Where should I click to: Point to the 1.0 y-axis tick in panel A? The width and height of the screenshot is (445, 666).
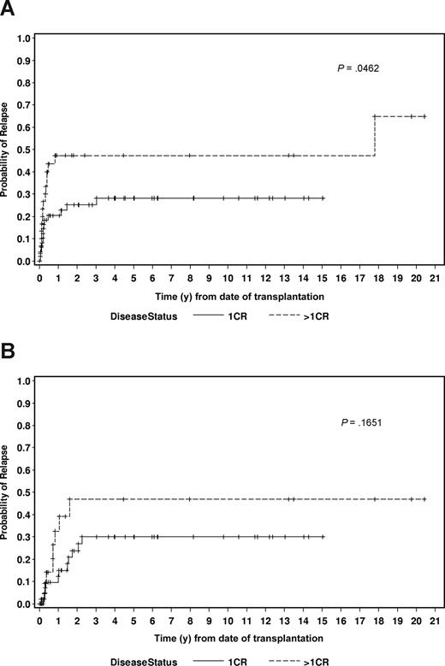[x=25, y=39]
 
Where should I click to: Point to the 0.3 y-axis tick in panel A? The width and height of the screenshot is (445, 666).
[x=25, y=195]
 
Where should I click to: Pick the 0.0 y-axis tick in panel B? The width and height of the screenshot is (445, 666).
[x=25, y=604]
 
